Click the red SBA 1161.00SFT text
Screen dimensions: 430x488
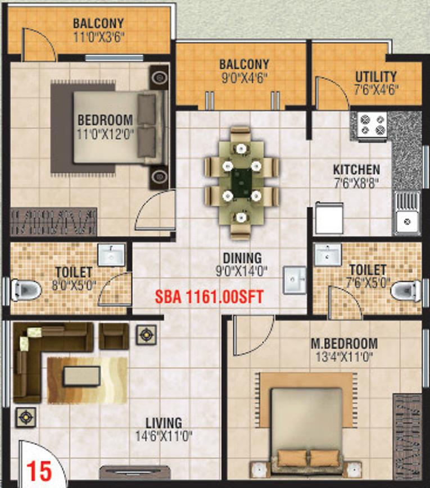click(x=210, y=297)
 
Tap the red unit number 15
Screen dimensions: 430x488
click(x=39, y=471)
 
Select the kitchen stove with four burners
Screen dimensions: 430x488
click(x=372, y=125)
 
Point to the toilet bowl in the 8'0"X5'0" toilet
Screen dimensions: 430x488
click(x=26, y=290)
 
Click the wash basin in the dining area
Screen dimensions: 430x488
click(x=295, y=280)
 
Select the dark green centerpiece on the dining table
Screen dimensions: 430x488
click(x=242, y=183)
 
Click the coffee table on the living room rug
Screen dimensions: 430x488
click(x=82, y=376)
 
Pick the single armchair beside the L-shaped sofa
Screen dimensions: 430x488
click(x=114, y=336)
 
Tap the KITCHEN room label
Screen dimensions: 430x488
click(x=356, y=170)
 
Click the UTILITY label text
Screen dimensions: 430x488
click(x=376, y=77)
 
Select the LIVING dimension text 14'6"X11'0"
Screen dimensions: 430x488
click(x=164, y=436)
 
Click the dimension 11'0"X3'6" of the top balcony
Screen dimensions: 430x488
click(x=99, y=37)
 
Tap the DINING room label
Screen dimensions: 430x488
click(x=242, y=258)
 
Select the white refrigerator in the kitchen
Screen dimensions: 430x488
click(x=329, y=218)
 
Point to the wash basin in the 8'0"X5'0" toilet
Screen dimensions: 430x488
click(x=111, y=254)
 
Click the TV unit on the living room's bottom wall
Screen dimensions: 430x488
click(x=135, y=472)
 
